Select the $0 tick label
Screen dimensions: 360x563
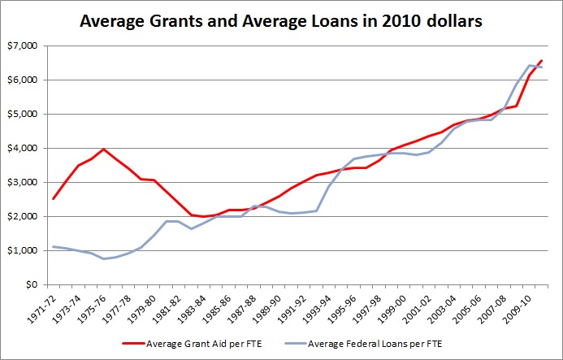[x=31, y=285]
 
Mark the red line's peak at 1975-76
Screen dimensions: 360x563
[x=103, y=150]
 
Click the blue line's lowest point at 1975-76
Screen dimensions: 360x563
[x=103, y=259]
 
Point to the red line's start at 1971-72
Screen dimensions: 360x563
[x=52, y=198]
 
